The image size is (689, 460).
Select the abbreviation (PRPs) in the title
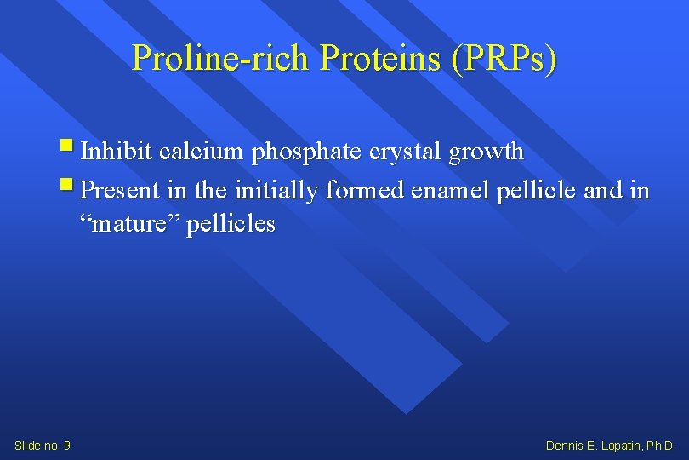505,59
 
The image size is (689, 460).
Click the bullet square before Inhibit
68,148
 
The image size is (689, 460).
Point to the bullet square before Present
68,185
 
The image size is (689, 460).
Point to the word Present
120,189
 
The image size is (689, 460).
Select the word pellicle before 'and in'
544,189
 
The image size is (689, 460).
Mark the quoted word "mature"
128,225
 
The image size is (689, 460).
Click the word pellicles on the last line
231,225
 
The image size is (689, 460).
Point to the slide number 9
66,446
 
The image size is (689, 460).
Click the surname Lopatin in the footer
620,446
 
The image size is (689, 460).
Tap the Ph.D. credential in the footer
661,446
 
